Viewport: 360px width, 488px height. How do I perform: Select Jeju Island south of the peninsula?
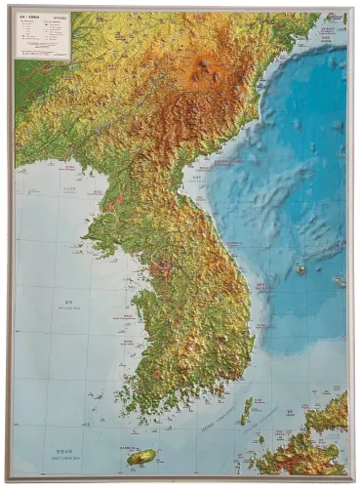point(142,457)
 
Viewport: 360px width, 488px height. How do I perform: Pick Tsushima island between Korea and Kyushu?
point(246,409)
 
